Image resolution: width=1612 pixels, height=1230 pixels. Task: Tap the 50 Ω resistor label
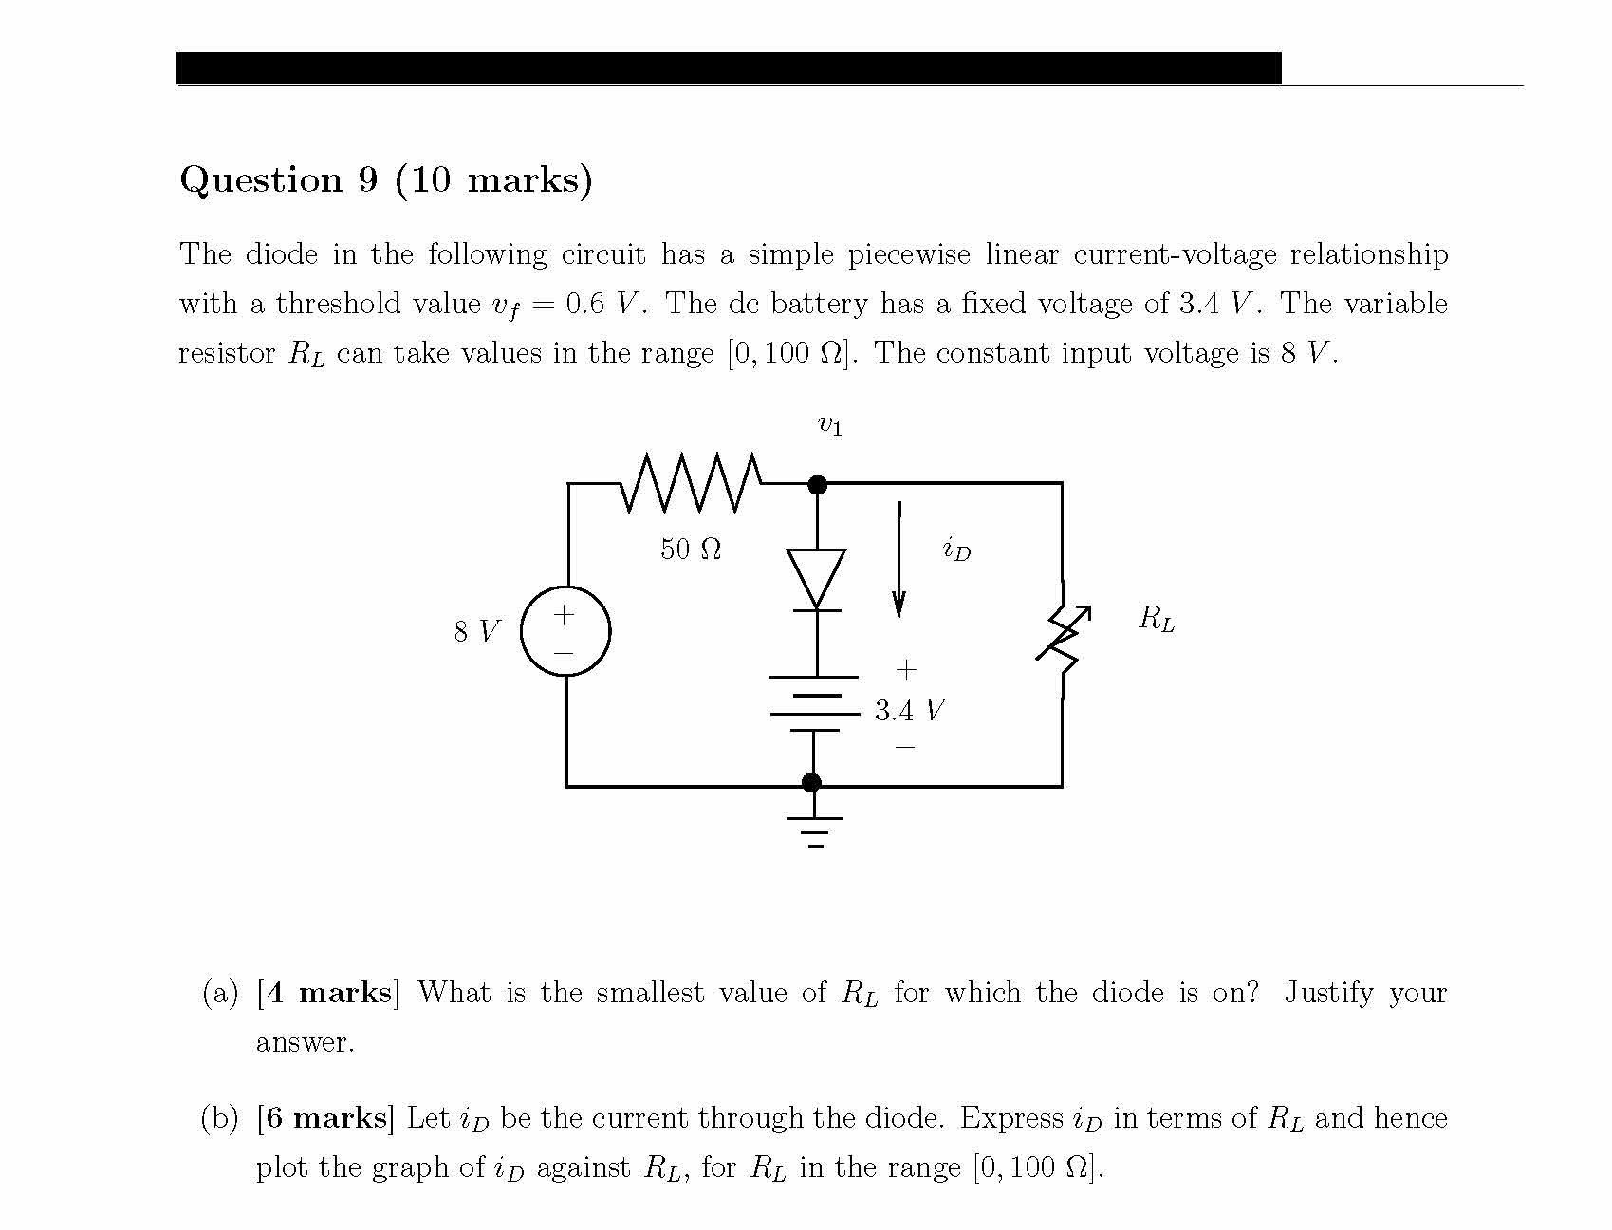pos(691,549)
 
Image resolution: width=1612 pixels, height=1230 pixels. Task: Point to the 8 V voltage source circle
pos(566,631)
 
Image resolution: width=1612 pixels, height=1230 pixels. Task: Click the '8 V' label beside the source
pos(476,631)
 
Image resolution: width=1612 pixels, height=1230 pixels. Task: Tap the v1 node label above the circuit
pos(829,426)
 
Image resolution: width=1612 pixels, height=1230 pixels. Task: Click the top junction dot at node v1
pos(817,485)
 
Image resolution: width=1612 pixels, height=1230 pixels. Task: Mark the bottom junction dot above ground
pos(811,782)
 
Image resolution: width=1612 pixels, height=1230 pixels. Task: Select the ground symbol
pos(813,829)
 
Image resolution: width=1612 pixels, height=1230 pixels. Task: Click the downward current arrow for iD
pos(899,560)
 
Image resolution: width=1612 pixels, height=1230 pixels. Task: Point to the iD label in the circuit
pos(956,549)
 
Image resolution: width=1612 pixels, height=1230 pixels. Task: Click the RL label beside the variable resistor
pos(1156,620)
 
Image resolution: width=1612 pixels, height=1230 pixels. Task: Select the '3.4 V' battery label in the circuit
pos(910,710)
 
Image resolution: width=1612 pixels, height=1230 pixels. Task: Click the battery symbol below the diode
pos(814,703)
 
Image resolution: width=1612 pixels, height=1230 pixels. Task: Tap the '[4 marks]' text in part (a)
pos(328,993)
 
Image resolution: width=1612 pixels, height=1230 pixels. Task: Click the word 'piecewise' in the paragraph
pos(908,254)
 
